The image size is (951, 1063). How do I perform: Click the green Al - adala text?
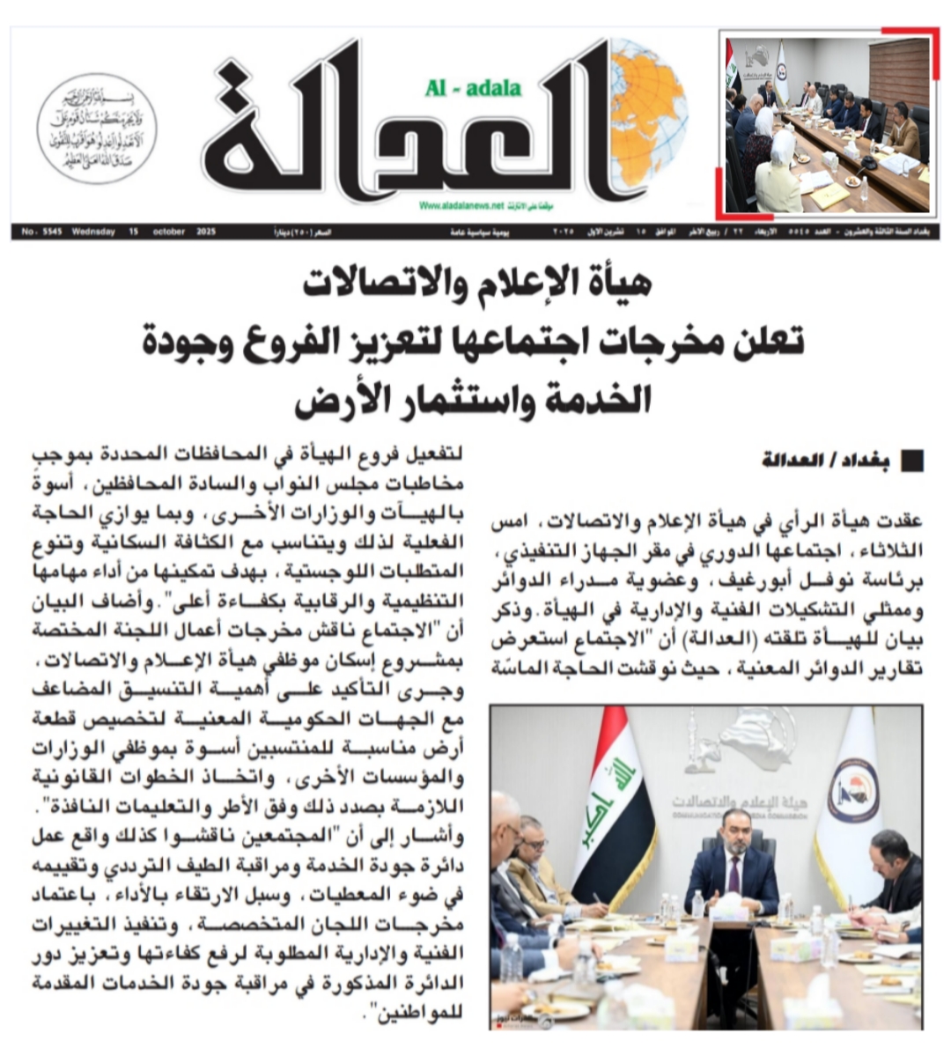pos(473,87)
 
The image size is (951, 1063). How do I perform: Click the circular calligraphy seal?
pos(97,128)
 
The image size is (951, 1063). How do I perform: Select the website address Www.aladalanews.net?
pos(461,205)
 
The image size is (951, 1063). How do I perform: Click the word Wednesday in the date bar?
pos(94,233)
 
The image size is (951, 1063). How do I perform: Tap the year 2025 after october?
pos(206,233)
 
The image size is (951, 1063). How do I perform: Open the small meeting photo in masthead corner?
pos(827,123)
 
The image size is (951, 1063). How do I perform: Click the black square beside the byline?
pos(913,461)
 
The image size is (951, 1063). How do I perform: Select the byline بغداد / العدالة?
pos(826,461)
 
